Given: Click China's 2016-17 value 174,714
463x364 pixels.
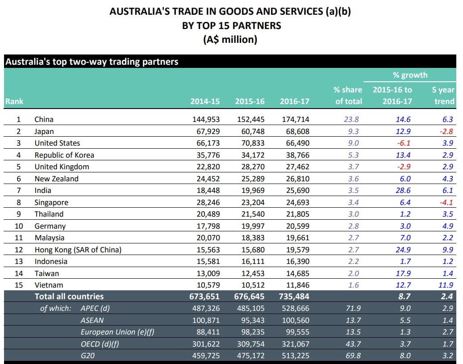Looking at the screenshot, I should click(294, 119).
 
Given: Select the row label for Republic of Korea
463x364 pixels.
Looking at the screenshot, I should click(64, 155).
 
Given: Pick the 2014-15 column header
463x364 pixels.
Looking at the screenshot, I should click(205, 101).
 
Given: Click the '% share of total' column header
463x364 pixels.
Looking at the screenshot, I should click(348, 96).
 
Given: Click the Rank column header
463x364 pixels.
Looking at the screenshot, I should click(14, 101).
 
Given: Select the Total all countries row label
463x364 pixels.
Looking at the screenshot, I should click(69, 296).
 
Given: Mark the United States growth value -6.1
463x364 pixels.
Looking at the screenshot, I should click(403, 143).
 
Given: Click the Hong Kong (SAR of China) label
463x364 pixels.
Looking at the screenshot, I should click(78, 250).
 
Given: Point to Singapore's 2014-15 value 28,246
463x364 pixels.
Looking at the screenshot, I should click(205, 202).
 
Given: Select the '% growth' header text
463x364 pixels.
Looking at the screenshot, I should click(410, 75).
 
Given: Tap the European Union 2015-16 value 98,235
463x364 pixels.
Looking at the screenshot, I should click(250, 332).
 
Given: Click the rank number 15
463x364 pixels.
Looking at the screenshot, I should click(19, 285).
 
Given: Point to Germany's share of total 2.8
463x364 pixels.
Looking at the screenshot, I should click(353, 226).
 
